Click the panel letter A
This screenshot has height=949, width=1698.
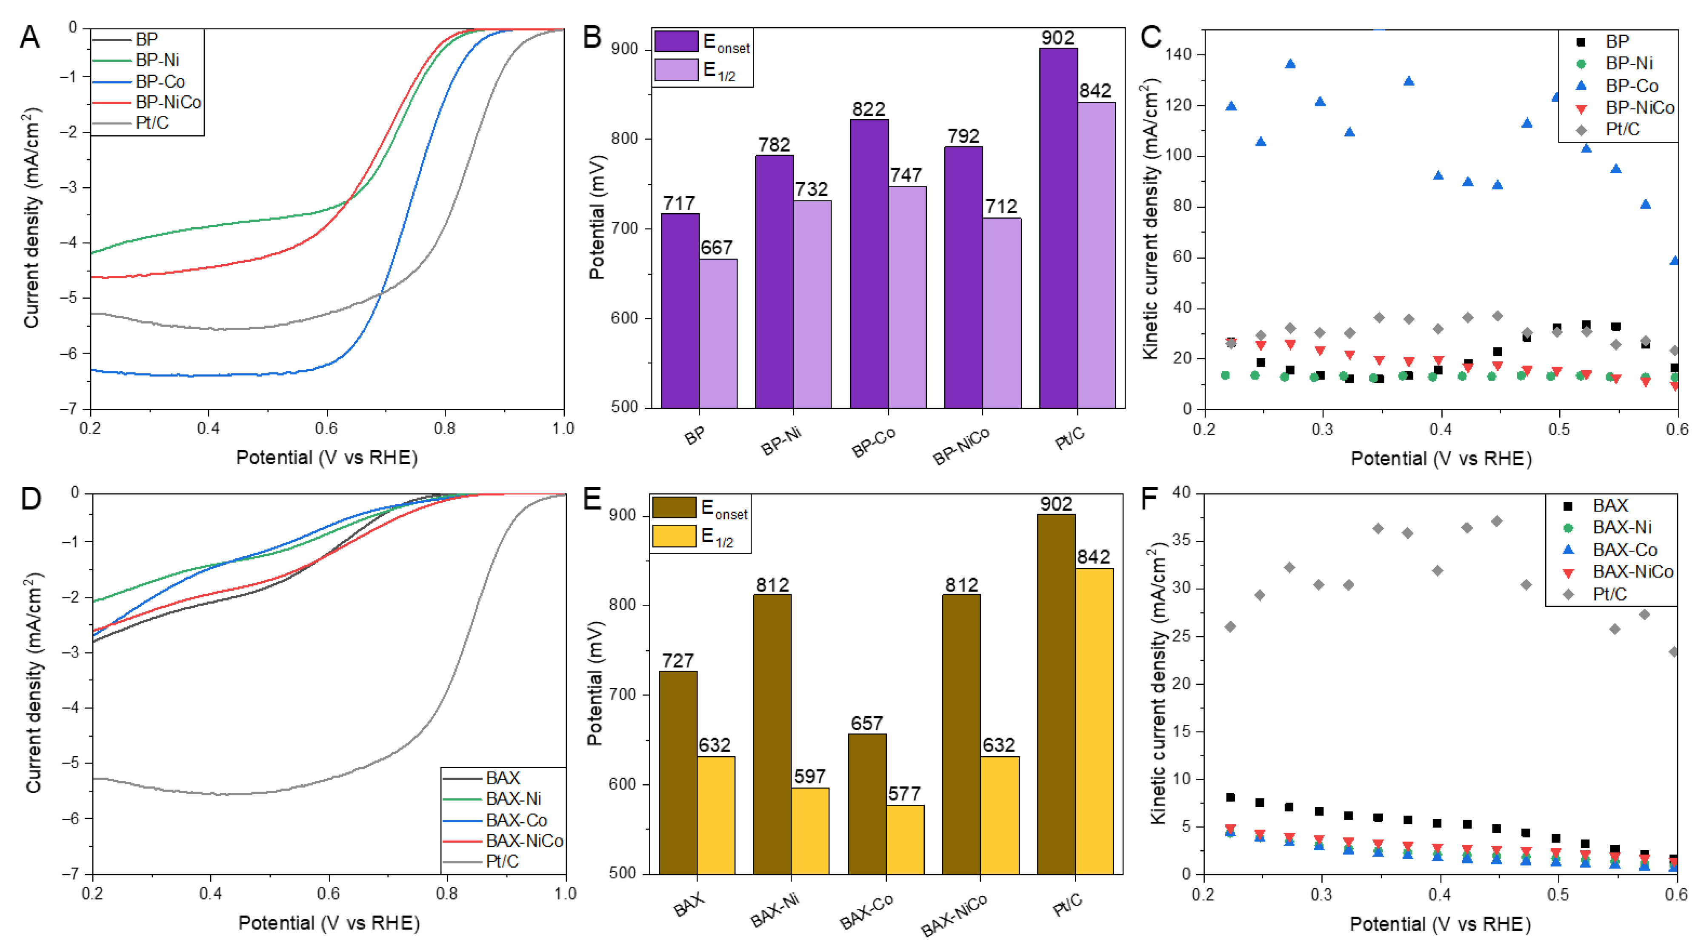30,37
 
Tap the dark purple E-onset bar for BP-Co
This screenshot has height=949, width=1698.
869,263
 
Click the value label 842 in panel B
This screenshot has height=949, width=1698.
1095,91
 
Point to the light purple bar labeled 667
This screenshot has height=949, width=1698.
718,333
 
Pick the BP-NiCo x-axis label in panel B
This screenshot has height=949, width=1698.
961,446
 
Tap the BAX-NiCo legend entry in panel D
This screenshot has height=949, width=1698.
524,841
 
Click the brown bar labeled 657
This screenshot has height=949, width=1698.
867,803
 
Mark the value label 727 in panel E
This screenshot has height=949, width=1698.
677,660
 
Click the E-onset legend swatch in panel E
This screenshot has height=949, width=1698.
674,507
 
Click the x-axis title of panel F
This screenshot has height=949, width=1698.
1440,924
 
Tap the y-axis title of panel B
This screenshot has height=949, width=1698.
597,217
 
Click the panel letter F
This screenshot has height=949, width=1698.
1150,499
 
